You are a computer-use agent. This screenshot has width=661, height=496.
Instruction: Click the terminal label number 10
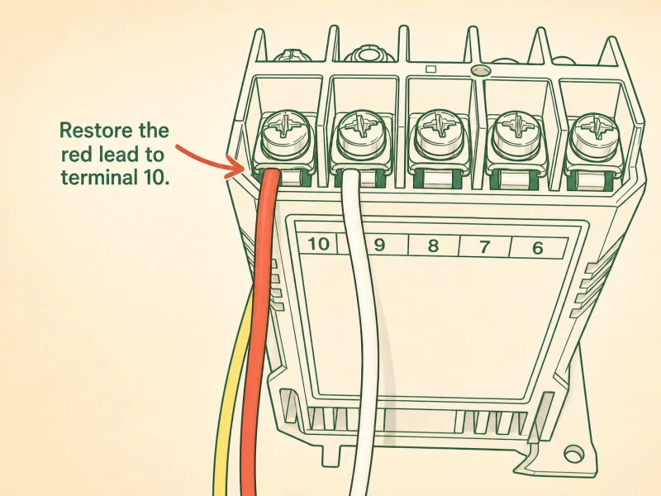(318, 244)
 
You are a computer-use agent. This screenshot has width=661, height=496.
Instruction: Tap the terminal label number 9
(379, 245)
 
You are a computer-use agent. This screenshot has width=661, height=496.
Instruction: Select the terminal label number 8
(433, 246)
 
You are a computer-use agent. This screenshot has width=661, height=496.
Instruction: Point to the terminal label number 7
(485, 246)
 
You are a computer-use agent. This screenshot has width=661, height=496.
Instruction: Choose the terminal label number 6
(538, 248)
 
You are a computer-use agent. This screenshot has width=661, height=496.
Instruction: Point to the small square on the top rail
(430, 69)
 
